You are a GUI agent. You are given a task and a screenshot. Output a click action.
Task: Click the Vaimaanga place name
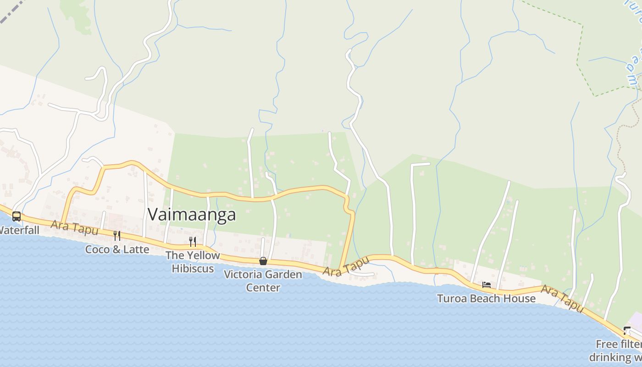(x=192, y=215)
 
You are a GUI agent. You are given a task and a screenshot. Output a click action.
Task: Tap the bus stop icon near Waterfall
(x=17, y=216)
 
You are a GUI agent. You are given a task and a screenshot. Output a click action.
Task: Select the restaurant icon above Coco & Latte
(x=117, y=236)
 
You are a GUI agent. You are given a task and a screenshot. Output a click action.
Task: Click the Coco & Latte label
(x=117, y=250)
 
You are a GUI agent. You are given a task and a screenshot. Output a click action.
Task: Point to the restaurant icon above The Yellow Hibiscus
(x=193, y=241)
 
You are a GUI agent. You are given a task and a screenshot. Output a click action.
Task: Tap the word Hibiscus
(x=193, y=268)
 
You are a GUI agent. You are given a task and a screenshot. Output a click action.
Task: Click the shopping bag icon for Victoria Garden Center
(x=263, y=261)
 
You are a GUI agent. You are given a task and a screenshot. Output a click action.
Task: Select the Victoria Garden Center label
(x=263, y=281)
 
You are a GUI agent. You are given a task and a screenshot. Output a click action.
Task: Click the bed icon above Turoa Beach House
(x=487, y=285)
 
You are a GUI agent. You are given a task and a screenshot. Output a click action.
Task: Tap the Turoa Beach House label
(x=486, y=299)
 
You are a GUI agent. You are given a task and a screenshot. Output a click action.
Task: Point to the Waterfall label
(x=19, y=230)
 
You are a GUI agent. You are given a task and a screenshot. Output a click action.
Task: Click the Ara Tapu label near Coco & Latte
(x=74, y=227)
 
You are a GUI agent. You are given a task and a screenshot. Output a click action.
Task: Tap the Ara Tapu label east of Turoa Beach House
(x=562, y=298)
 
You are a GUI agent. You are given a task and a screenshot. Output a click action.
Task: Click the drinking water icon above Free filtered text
(x=627, y=331)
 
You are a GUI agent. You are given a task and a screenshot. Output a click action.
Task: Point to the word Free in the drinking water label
(x=606, y=344)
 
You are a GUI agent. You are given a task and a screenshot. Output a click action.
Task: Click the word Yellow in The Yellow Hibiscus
(x=202, y=256)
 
